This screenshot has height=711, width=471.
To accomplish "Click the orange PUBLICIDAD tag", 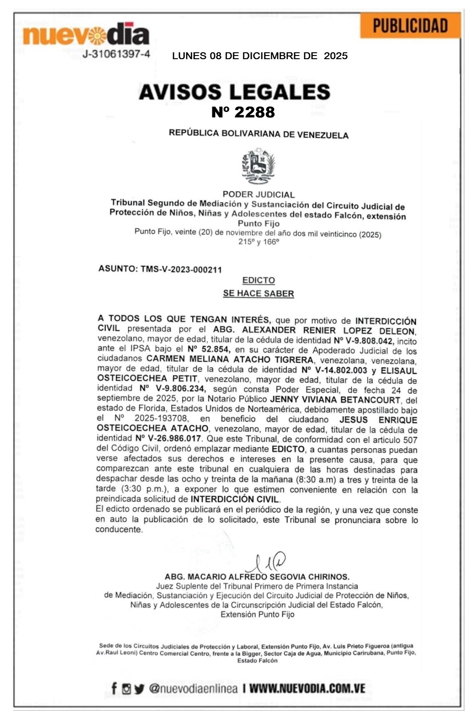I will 410,25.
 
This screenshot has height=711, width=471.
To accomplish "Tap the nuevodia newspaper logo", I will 86,34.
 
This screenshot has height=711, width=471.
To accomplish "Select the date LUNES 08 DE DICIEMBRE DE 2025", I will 260,56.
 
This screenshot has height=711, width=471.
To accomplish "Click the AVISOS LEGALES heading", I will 234,92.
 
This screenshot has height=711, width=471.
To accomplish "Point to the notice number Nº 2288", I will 243,112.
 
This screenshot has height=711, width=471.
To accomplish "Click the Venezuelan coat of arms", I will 258,166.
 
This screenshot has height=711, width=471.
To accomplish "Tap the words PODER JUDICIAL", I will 258,194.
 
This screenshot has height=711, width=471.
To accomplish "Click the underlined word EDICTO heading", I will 259,280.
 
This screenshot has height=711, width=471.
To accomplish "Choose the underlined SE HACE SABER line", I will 258,293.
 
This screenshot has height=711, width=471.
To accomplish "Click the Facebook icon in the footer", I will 114,688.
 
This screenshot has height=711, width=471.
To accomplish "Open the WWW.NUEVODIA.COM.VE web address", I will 307,689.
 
